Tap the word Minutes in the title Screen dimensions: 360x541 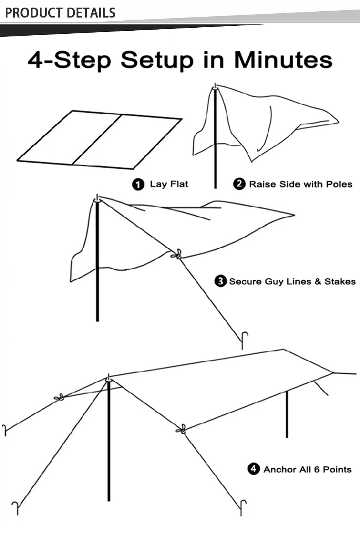283,60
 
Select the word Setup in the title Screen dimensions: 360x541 157,61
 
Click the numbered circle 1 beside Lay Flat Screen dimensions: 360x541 138,185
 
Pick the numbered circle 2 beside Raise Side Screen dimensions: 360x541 239,184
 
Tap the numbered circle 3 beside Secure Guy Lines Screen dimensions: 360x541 221,281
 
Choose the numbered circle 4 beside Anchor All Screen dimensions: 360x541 254,469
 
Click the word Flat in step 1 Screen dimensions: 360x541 179,184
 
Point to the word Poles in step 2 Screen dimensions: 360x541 339,184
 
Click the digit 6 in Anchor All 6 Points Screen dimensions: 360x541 316,469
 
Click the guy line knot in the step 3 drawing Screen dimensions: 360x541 177,254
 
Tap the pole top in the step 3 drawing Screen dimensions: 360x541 97,198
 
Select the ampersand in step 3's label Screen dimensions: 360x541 318,281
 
